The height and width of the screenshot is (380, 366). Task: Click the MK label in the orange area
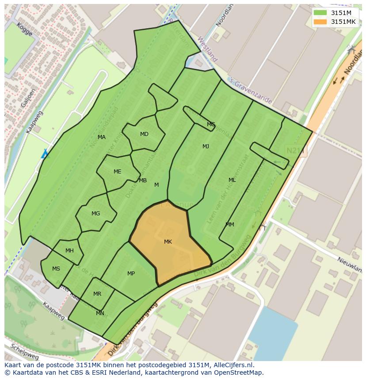coord(168,241)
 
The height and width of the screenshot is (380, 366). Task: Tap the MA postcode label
coord(102,137)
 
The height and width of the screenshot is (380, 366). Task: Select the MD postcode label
coord(144,134)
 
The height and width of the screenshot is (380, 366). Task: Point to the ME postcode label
coord(117,172)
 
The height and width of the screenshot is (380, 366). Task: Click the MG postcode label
coord(95,214)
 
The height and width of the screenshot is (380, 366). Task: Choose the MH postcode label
coord(69,251)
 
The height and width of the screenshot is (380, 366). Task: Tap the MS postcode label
coord(56,269)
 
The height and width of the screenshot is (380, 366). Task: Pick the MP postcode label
coord(131,274)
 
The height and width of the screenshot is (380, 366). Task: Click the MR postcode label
coord(97,294)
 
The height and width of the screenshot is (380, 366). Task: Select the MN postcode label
coord(100,313)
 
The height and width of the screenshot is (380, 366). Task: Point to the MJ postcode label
coord(206,147)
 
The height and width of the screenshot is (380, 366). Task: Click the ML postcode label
coord(232,180)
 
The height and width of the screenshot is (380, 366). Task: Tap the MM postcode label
coord(230,225)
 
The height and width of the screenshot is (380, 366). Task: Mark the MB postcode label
coord(143,181)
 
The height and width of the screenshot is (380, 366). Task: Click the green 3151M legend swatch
coord(320,13)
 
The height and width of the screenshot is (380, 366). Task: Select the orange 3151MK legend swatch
coord(320,22)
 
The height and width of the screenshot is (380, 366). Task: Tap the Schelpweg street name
coord(25,351)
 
